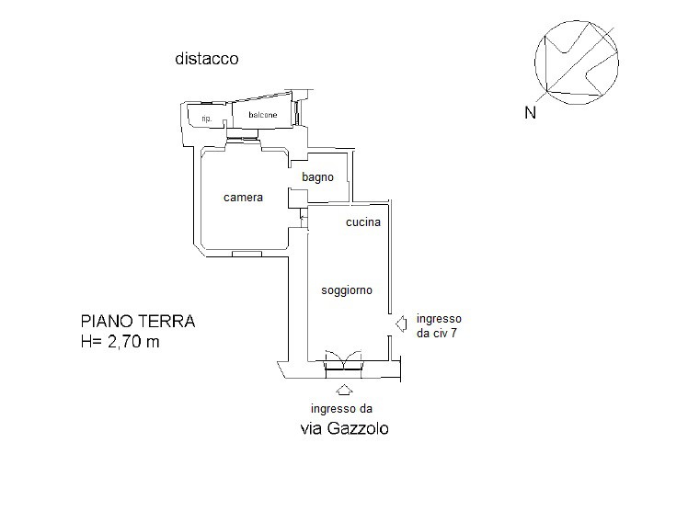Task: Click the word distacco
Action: (207, 59)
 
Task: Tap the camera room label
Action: (243, 198)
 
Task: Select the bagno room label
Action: (317, 177)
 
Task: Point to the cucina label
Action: (363, 222)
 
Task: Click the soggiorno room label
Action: (347, 290)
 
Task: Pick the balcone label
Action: (263, 115)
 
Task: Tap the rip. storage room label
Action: (207, 119)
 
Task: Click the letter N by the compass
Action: (531, 113)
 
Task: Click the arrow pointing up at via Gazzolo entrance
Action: (344, 390)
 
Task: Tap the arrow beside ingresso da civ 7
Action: (401, 324)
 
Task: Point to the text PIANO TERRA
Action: (138, 322)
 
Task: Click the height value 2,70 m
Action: (133, 341)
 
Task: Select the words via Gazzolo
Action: (344, 428)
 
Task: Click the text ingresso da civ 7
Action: (439, 325)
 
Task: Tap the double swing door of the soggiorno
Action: (343, 360)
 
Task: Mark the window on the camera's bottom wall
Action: (247, 254)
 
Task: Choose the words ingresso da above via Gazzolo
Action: (341, 409)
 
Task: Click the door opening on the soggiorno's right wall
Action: (390, 324)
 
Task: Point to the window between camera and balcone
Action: (243, 140)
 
